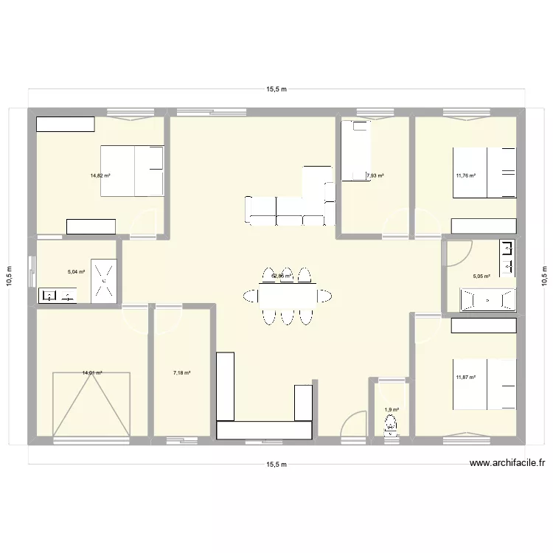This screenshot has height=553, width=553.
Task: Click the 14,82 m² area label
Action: pos(100,175)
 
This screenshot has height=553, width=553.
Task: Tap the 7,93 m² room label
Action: pos(375,175)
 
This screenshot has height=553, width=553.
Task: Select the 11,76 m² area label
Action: pos(466,175)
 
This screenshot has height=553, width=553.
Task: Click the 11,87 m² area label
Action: pos(466,378)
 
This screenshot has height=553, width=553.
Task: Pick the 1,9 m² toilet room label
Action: pos(392,410)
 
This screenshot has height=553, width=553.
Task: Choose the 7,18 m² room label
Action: pos(182,373)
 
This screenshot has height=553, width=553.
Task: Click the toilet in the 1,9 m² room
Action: pos(391,426)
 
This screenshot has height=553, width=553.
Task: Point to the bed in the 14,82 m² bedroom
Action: pos(131,171)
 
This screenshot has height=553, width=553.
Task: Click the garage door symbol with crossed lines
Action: pos(91,404)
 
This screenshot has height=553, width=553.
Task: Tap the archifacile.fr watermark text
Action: pos(508,464)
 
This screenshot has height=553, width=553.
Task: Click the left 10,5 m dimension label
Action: pos(10,276)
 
